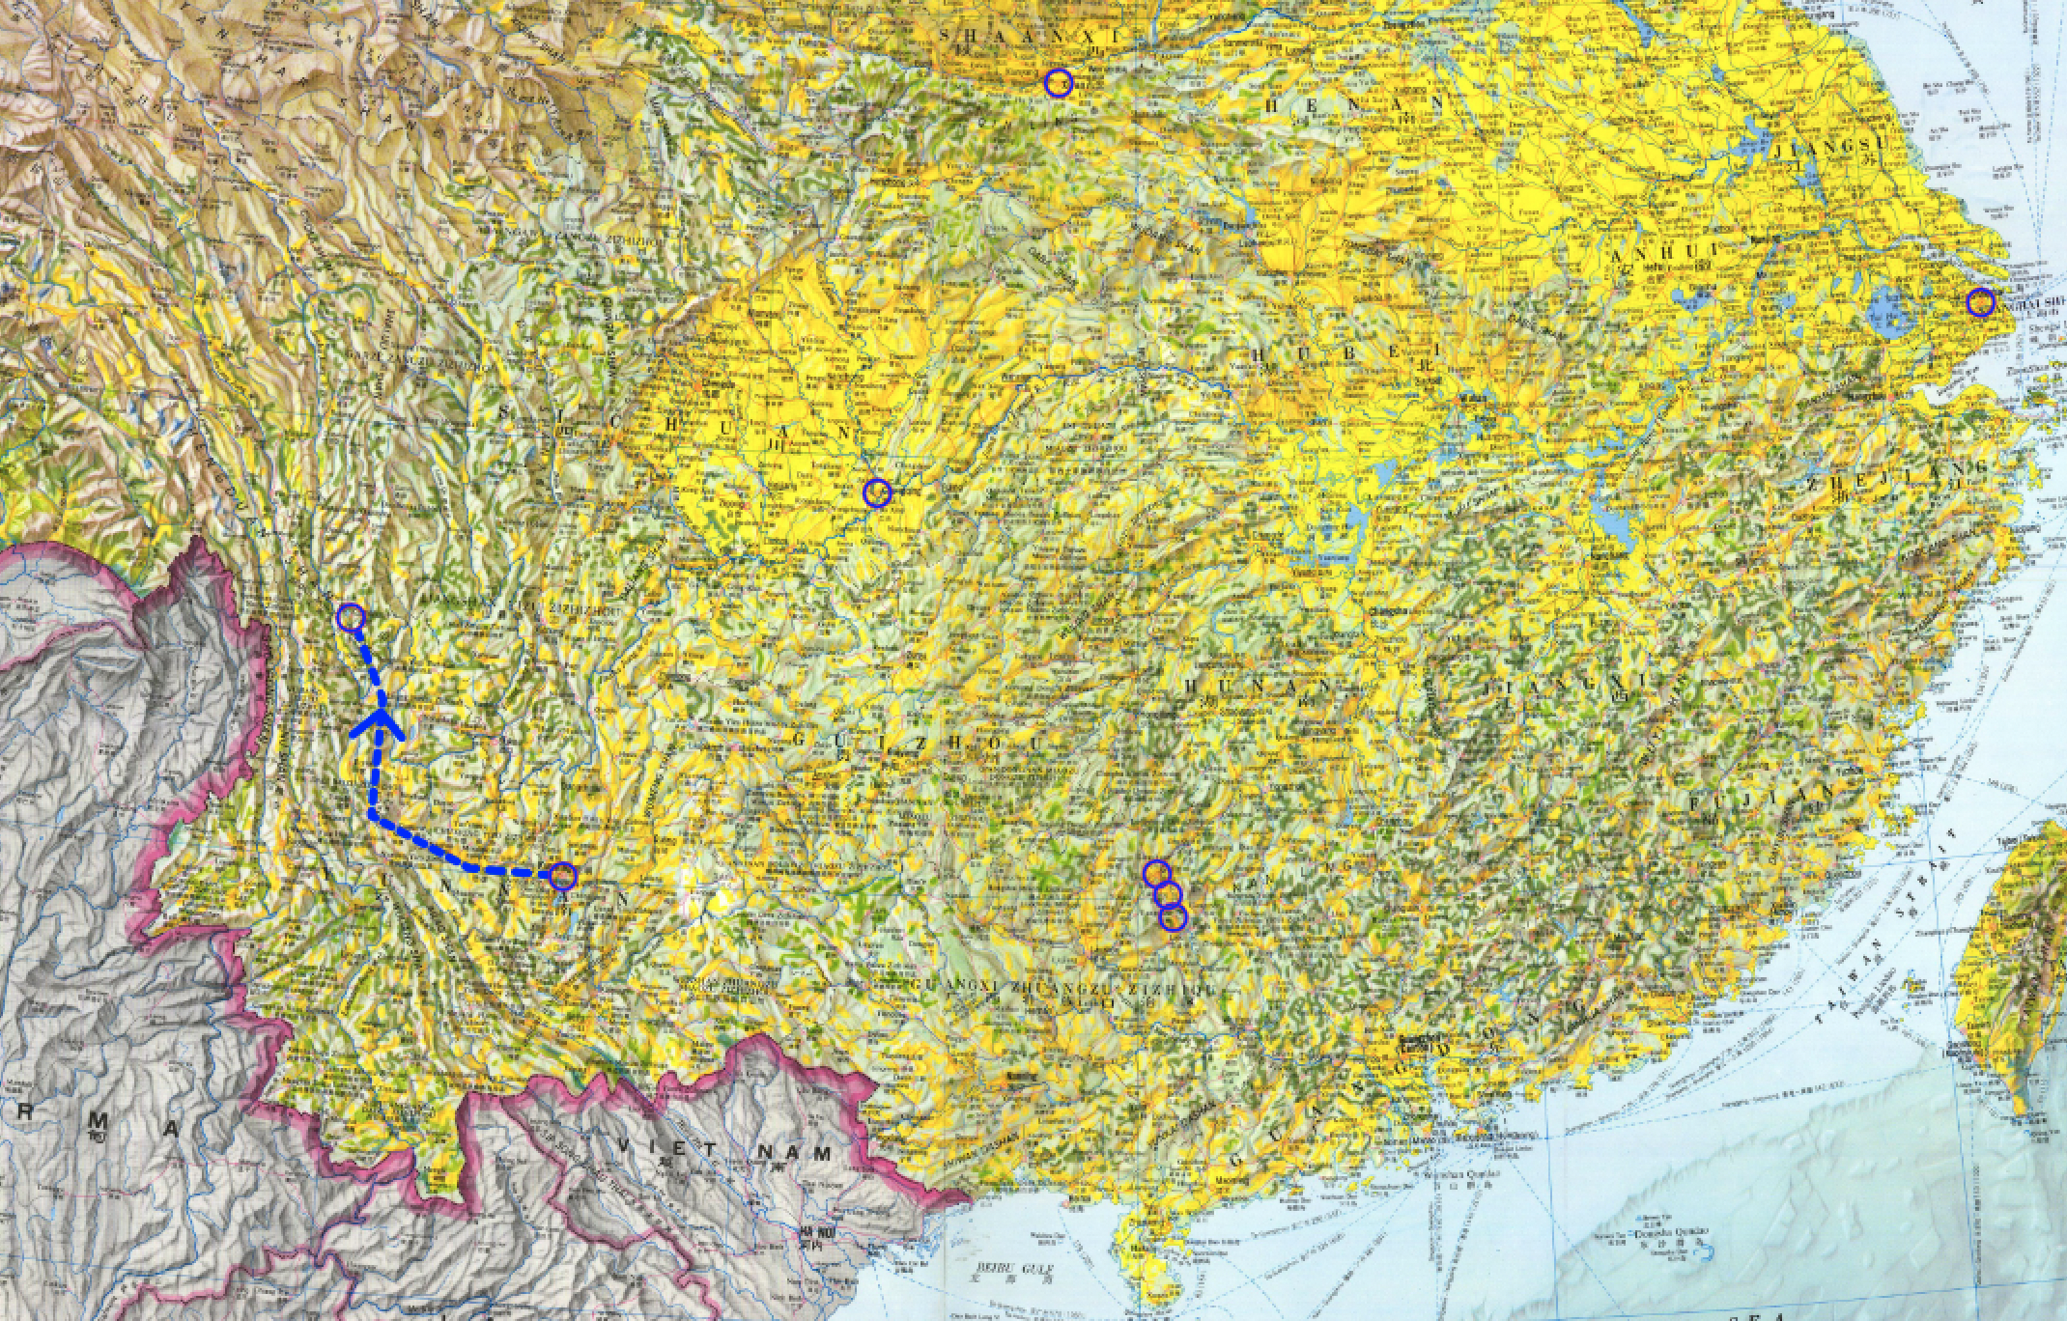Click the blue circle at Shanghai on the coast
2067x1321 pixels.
[1981, 303]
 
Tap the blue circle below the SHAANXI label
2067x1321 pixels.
[1059, 83]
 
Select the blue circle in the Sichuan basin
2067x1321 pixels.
[877, 492]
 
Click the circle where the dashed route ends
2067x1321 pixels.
[351, 616]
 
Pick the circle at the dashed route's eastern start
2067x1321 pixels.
[563, 876]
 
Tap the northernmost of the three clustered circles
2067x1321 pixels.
[1156, 874]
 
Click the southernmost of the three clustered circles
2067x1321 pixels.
[1172, 918]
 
